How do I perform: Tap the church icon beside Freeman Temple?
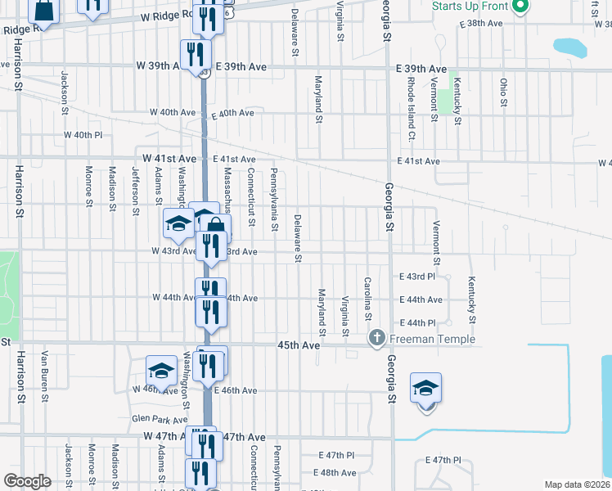point(377,338)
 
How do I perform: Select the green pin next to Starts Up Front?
point(520,7)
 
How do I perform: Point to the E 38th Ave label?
point(482,24)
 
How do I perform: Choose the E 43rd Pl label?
point(417,277)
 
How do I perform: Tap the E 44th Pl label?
point(417,323)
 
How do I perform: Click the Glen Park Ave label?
point(155,419)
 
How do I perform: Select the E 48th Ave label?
point(338,473)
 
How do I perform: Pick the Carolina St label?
point(368,300)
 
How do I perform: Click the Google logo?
point(28,481)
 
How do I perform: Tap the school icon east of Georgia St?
point(425,389)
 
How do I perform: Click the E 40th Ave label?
point(233,113)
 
